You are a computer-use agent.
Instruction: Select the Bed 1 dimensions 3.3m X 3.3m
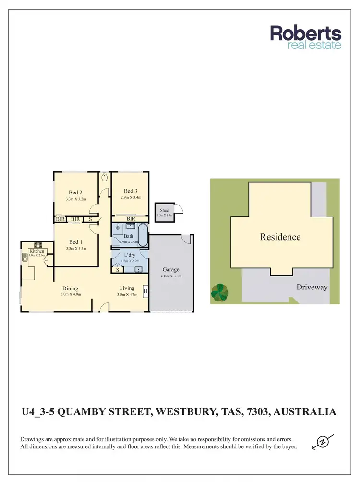point(75,249)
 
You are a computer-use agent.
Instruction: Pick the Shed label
point(164,210)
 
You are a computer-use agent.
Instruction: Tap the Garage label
point(170,270)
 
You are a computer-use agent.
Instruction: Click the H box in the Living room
point(145,291)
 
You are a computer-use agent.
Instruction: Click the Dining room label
point(70,289)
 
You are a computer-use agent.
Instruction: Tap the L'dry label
point(129,254)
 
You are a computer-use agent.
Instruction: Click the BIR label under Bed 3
point(131,219)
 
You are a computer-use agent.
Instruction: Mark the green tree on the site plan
point(220,291)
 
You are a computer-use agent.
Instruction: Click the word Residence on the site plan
point(280,237)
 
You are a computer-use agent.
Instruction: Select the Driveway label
point(312,287)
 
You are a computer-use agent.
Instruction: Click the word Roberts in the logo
point(306,34)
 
